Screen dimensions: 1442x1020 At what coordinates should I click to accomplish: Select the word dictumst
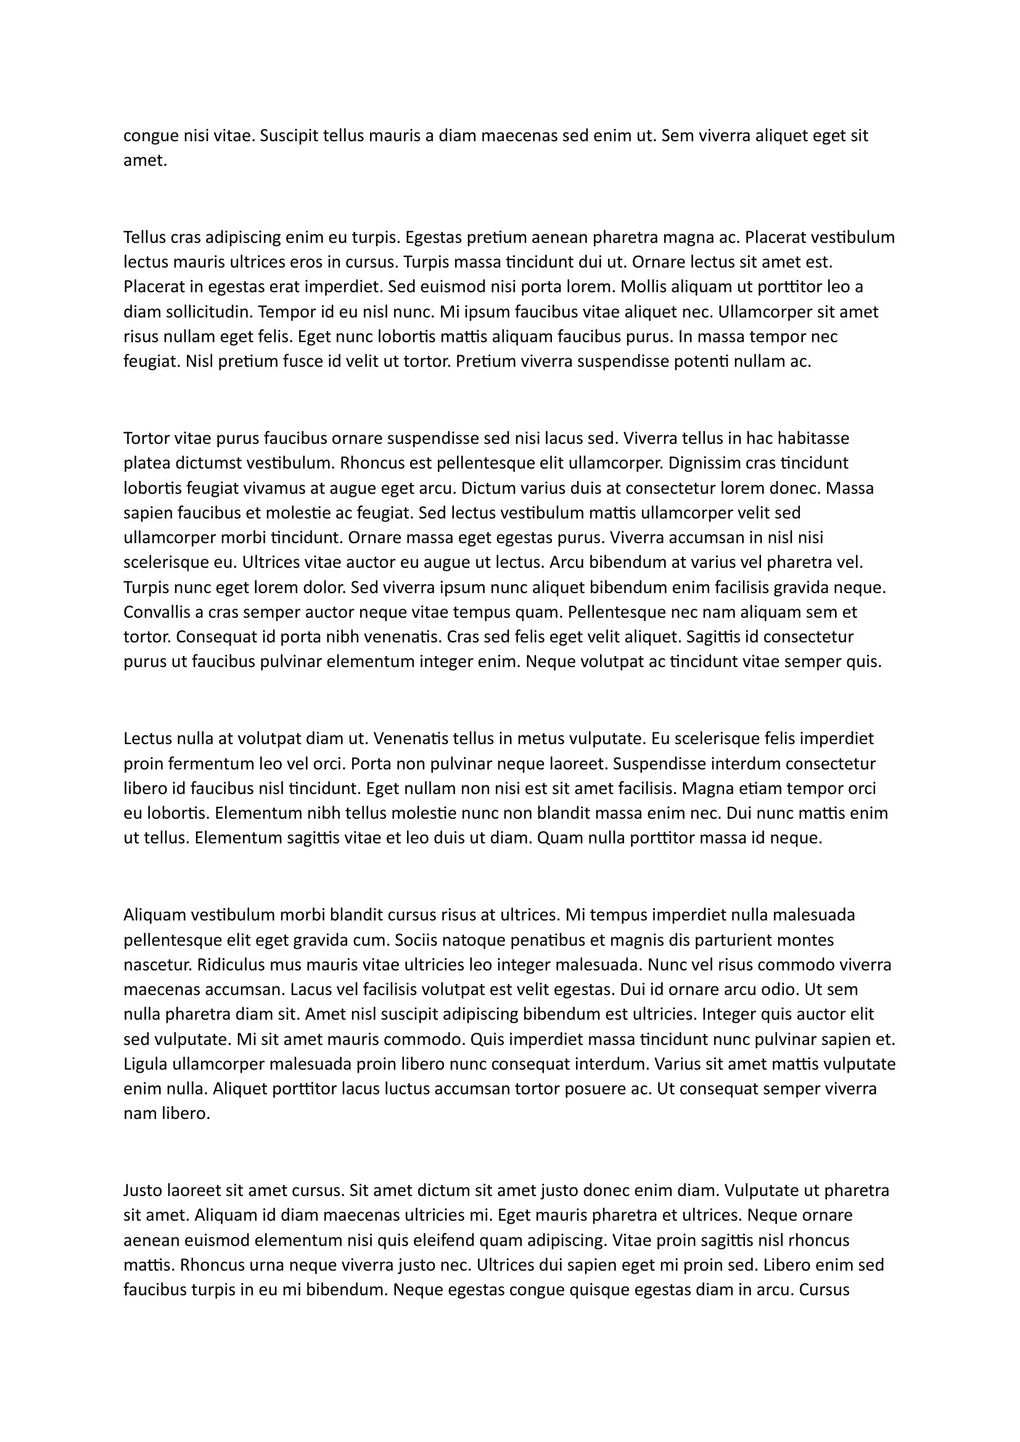207,464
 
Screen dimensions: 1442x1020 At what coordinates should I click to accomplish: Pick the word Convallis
158,612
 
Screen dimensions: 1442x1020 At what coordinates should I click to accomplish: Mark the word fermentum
215,764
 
